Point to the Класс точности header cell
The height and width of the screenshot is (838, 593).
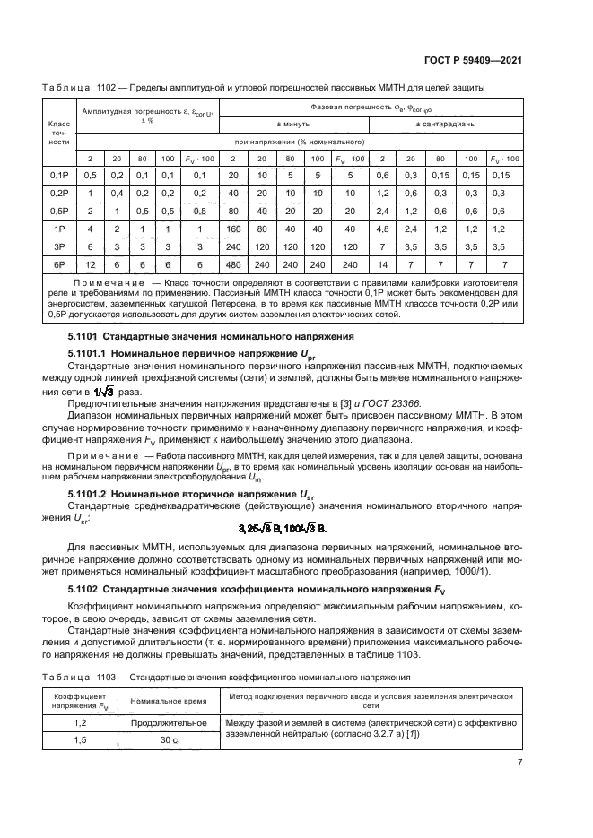pyautogui.click(x=59, y=133)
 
